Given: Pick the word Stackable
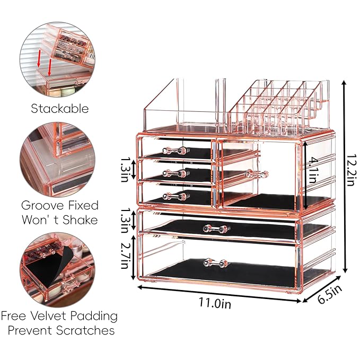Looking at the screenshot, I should click(x=59, y=109).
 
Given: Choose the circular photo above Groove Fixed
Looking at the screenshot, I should click(x=59, y=160).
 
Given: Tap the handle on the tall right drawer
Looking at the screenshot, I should click(x=257, y=173).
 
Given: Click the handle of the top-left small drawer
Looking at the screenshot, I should click(x=175, y=151).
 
